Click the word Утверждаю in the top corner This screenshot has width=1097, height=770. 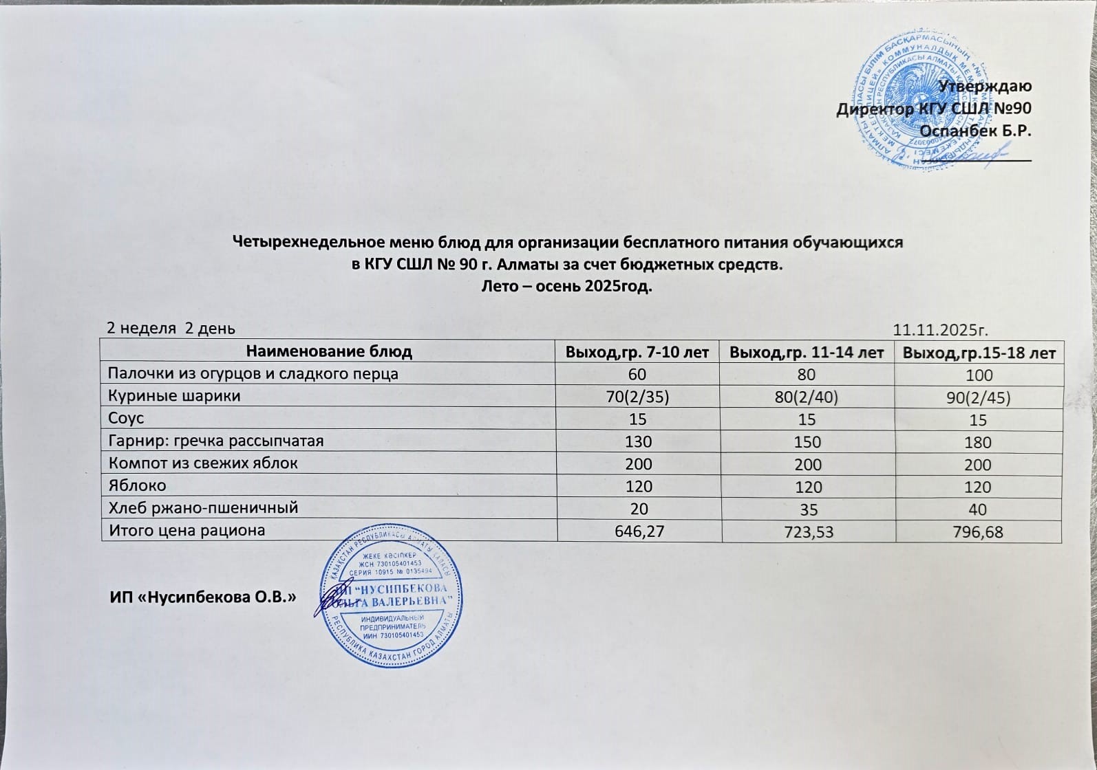[x=985, y=86]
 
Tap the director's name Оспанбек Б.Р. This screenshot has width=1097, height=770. [x=975, y=130]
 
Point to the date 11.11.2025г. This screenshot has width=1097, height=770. [x=940, y=329]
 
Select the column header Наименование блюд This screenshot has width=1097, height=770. [x=329, y=352]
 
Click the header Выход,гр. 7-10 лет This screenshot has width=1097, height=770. [x=637, y=353]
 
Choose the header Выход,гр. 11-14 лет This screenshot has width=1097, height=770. [x=806, y=353]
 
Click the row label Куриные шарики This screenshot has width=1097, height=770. [x=175, y=396]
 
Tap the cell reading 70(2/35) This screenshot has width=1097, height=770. [x=637, y=397]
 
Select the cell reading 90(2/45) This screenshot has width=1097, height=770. [x=978, y=398]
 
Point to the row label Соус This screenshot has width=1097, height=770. [x=127, y=418]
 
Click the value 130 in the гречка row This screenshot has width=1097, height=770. [x=638, y=442]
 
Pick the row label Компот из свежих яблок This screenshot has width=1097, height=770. [x=203, y=463]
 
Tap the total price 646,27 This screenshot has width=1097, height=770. [x=638, y=531]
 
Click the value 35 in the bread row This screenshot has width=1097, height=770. [x=807, y=509]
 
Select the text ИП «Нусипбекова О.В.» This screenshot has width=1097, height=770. [x=203, y=597]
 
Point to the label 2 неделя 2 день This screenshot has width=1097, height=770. [x=171, y=328]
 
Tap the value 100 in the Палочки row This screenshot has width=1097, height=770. [x=979, y=375]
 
